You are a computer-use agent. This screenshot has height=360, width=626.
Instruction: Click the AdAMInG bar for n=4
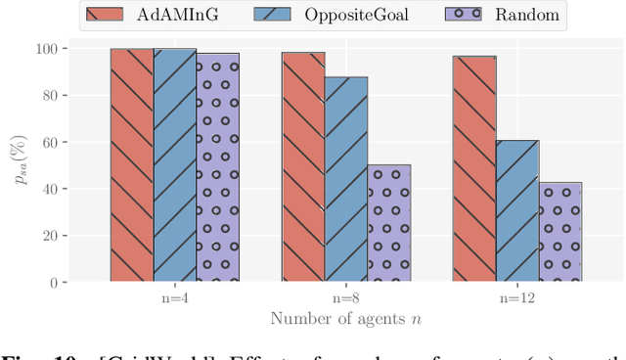tap(131, 165)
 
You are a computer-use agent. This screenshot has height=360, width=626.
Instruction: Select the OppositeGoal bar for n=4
tap(174, 165)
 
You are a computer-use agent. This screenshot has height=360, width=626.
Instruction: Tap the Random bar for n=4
tap(217, 167)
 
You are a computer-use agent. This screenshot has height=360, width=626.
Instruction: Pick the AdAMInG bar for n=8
tap(303, 167)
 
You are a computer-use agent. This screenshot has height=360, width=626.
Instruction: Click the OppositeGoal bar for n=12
tap(517, 211)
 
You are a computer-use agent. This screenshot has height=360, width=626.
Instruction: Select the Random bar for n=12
tap(560, 232)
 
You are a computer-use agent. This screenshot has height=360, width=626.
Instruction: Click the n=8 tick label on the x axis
tap(346, 297)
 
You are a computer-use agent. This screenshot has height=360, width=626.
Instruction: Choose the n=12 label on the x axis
tap(517, 297)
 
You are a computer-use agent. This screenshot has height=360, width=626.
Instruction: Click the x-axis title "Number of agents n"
tap(345, 319)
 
